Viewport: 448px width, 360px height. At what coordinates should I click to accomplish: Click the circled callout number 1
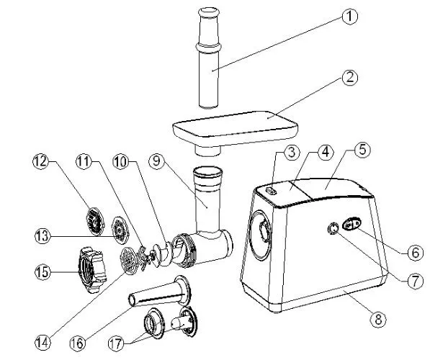pos(349,17)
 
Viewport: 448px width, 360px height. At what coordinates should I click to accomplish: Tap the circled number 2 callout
pos(349,77)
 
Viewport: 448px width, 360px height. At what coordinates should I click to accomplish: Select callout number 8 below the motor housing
pos(378,319)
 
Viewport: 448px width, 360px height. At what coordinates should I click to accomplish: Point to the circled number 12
pos(40,161)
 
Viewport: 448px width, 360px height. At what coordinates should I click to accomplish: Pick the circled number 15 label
pos(43,271)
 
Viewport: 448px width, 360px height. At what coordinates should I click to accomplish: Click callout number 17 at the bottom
pos(116,343)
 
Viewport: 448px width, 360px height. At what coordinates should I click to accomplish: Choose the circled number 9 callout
pos(156,161)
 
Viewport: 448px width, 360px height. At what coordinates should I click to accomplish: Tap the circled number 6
pos(414,252)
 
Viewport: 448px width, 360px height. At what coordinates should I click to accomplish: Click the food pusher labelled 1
pos(209,58)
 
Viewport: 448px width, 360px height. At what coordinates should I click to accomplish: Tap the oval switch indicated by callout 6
pos(352,222)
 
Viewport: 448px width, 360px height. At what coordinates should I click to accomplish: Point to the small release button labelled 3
pos(271,191)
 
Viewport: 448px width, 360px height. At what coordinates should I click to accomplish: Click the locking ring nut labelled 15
pos(92,270)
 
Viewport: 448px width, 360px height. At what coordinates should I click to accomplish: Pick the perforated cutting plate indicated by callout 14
pos(130,261)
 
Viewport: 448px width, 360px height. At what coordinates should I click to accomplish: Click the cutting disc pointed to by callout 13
pos(120,230)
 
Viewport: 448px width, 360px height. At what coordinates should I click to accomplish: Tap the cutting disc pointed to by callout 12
pos(95,222)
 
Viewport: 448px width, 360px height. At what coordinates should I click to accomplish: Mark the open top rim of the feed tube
pos(207,171)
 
